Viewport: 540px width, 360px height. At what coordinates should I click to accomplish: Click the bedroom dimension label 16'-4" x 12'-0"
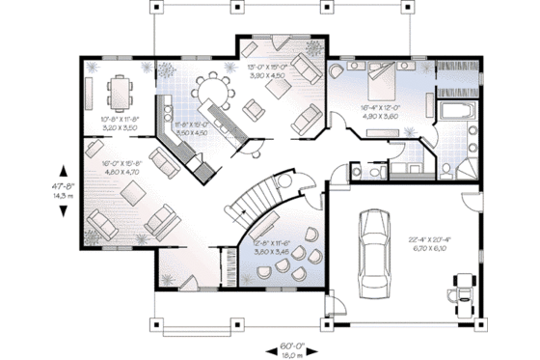pos(380,108)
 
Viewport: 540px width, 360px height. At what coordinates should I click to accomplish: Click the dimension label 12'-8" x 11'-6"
pos(271,243)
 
